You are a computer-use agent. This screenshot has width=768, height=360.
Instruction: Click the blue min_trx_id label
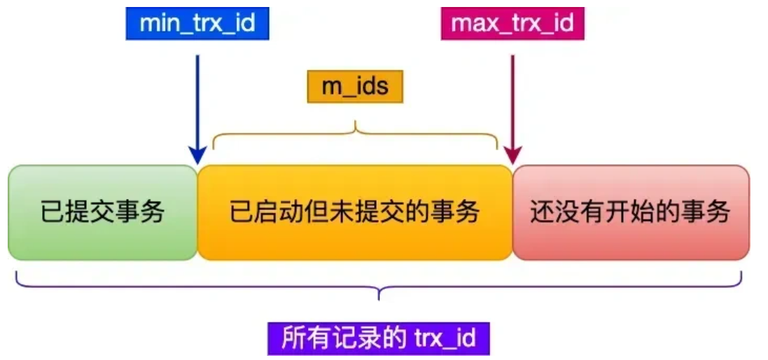click(x=197, y=24)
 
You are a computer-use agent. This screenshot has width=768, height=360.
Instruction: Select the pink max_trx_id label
click(x=512, y=24)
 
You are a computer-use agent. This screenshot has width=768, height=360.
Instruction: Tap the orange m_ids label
click(x=355, y=87)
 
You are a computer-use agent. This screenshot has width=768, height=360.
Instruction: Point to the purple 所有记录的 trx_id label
click(x=378, y=339)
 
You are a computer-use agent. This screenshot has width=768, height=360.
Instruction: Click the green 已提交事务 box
click(x=102, y=212)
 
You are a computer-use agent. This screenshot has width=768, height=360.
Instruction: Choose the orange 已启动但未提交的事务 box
click(x=355, y=212)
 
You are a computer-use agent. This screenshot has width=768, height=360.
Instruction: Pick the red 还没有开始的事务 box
click(x=630, y=212)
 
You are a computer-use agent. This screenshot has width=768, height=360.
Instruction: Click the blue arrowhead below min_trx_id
click(x=197, y=155)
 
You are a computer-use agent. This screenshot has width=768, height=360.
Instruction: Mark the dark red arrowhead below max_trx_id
click(x=513, y=155)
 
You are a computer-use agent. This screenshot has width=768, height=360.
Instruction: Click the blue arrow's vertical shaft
click(x=197, y=98)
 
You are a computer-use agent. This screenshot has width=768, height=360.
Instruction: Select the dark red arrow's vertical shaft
click(x=513, y=98)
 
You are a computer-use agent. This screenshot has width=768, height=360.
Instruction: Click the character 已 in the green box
click(x=50, y=212)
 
